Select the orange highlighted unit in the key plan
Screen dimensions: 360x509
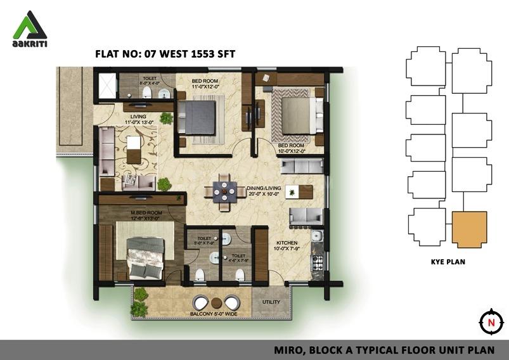pos(470,229)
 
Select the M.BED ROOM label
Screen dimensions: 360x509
pos(146,212)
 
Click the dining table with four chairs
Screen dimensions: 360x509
pos(224,190)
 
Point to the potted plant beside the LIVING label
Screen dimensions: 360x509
pos(167,118)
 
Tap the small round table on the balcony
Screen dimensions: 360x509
pos(217,302)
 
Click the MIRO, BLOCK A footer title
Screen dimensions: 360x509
pos(387,349)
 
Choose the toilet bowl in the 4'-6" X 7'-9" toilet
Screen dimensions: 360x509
pos(240,274)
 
